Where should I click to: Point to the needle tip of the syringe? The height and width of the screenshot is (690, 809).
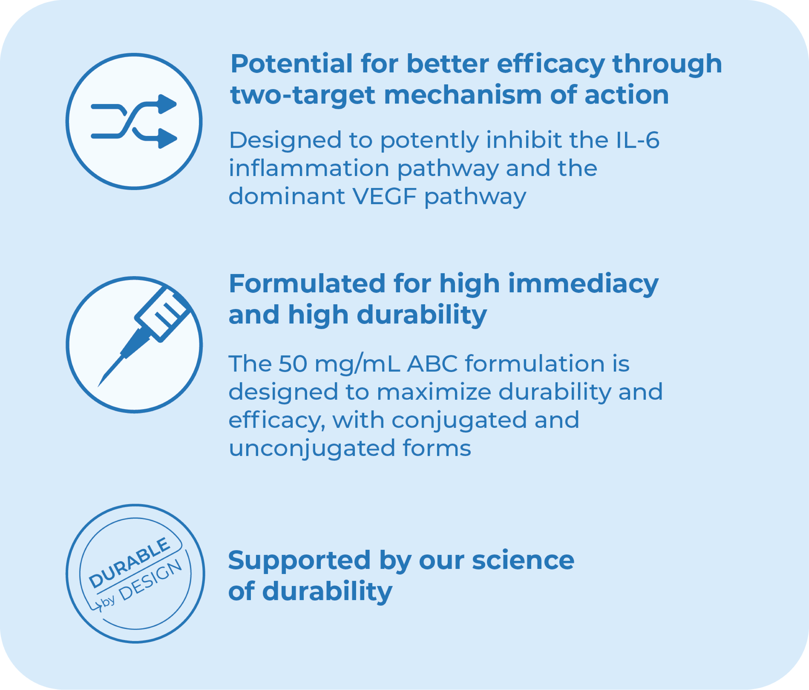click(x=98, y=386)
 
